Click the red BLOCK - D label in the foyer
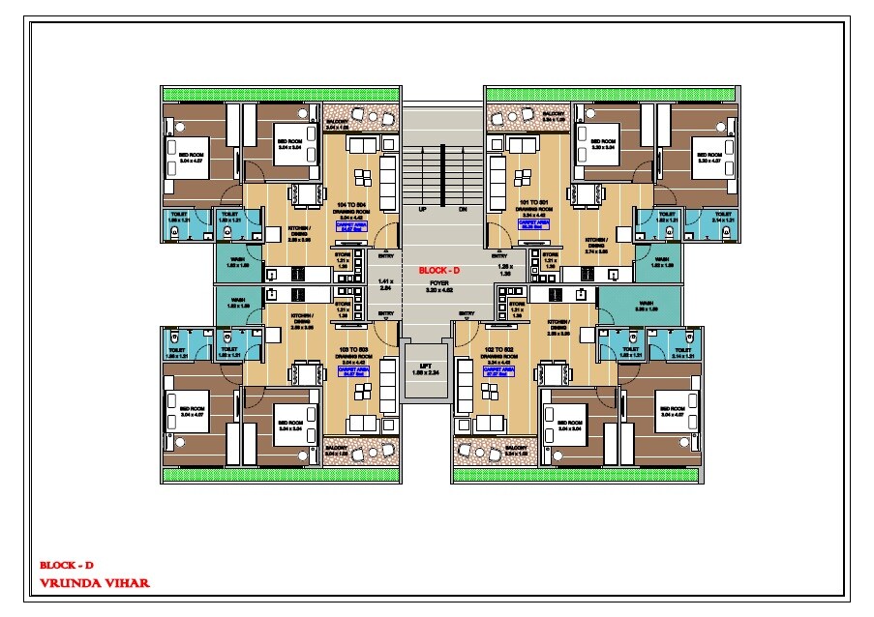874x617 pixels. [x=438, y=270]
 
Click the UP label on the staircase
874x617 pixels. [x=423, y=209]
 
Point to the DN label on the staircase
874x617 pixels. [x=463, y=209]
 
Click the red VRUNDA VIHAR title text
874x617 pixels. [x=95, y=583]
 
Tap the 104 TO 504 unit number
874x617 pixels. [x=351, y=205]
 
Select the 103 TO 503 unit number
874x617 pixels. [x=349, y=348]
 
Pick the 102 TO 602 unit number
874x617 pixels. [x=497, y=348]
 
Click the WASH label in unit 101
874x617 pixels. [x=662, y=259]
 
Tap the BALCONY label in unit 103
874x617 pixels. [x=337, y=449]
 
